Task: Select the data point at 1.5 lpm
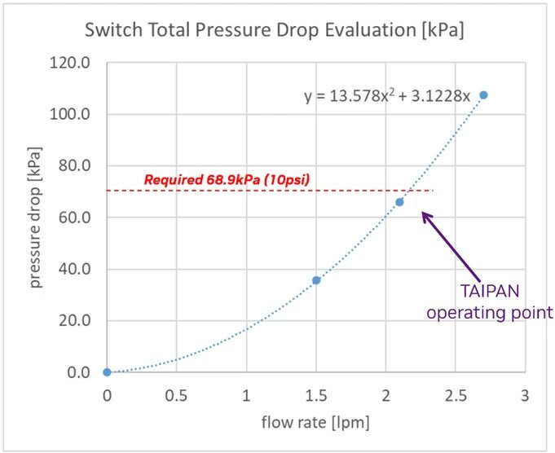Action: [x=316, y=280]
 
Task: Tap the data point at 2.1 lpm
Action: [x=399, y=202]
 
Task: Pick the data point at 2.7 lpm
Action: [x=483, y=95]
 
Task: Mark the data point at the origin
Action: [x=107, y=372]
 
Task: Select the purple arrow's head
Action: [x=424, y=214]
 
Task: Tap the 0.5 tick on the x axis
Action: [x=176, y=395]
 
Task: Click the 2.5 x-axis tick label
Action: [x=455, y=395]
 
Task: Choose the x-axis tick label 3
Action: [x=525, y=395]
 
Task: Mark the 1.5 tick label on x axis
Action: [x=315, y=395]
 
